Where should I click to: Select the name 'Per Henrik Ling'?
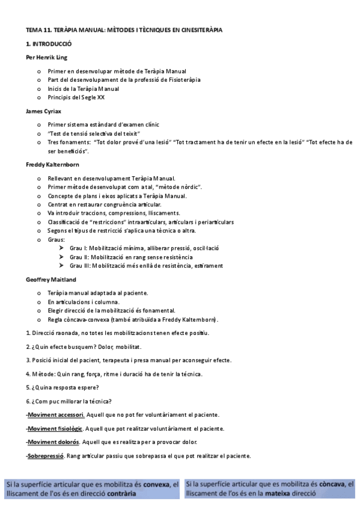[46, 58]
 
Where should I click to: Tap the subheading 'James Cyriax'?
[43, 111]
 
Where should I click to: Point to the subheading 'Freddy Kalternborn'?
[53, 164]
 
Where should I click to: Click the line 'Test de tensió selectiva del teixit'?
[94, 133]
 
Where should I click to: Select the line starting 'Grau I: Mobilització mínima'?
[144, 248]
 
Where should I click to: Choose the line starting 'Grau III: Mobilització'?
[146, 265]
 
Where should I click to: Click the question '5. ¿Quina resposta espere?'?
[63, 387]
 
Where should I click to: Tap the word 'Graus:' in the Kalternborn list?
[57, 239]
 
